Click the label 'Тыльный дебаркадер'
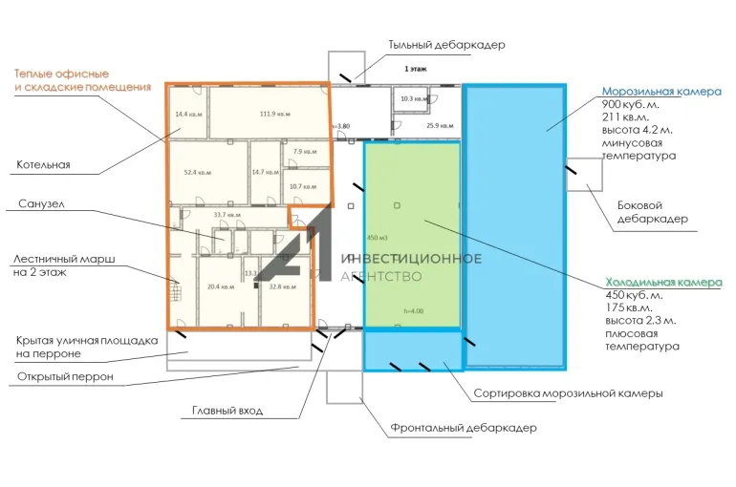[446, 45]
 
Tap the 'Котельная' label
[43, 165]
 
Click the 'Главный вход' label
[226, 411]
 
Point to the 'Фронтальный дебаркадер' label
[464, 428]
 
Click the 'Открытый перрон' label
[65, 376]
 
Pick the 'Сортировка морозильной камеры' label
[568, 393]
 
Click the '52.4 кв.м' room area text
[198, 173]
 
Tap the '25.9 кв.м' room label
[439, 125]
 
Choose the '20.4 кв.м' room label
[221, 286]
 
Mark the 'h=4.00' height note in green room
[413, 310]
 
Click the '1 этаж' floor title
[416, 70]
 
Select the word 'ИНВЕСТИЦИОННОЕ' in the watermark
[412, 259]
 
